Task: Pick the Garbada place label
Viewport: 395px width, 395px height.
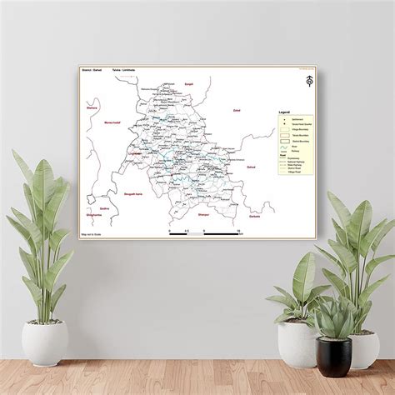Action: (254, 214)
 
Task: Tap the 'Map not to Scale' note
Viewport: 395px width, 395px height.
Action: (91, 235)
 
